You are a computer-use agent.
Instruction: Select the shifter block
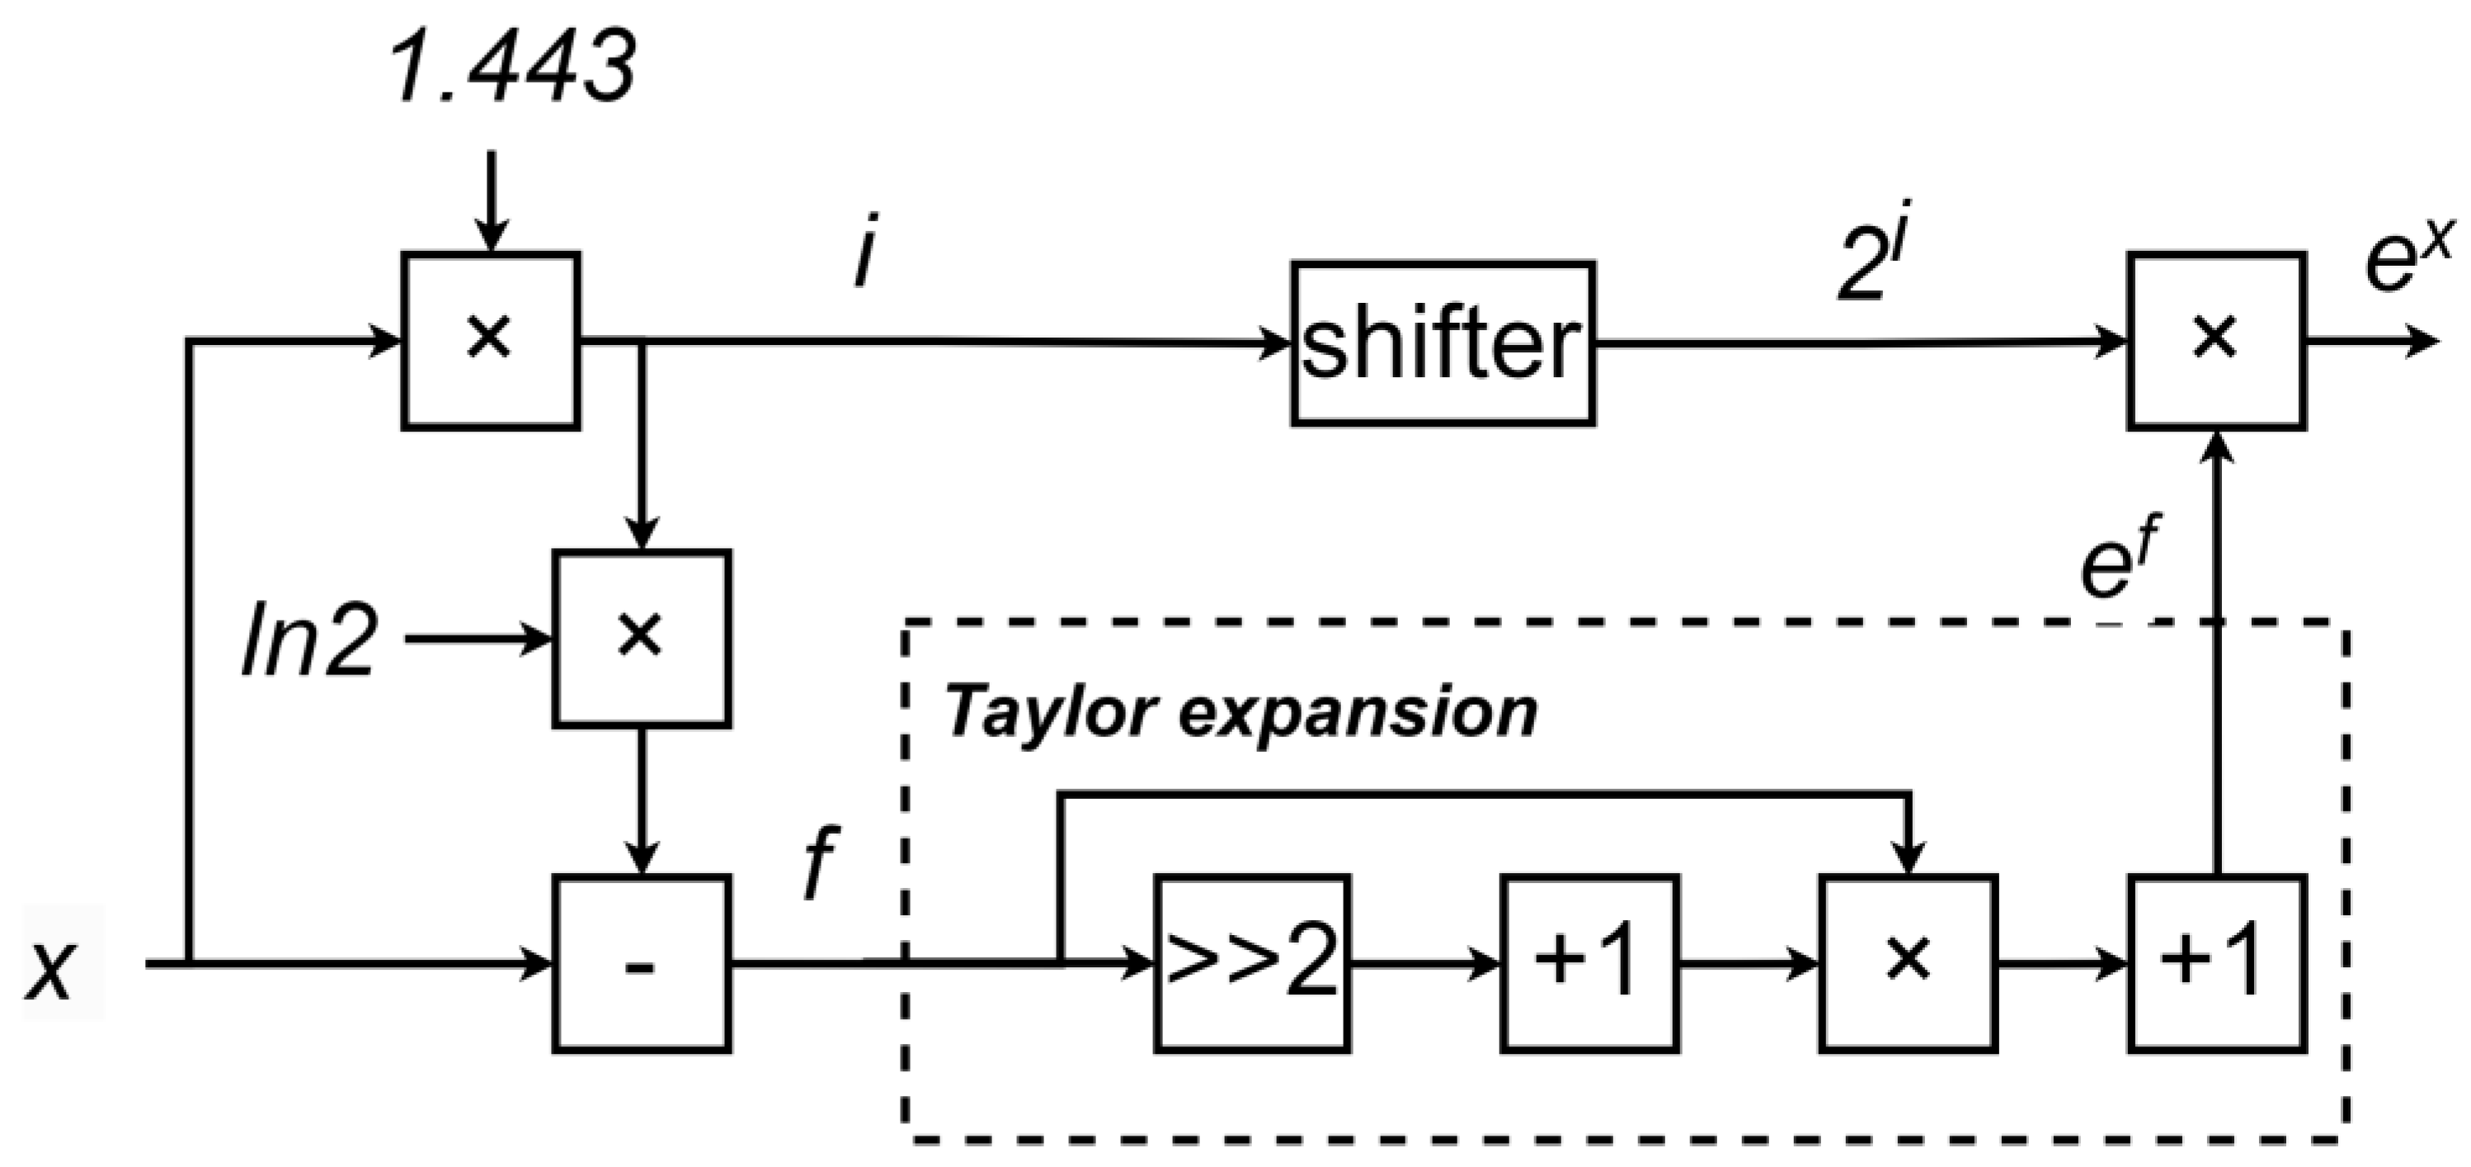click(x=1442, y=343)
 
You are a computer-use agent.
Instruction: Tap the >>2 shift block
click(x=1252, y=962)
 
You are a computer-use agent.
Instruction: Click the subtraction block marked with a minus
click(x=641, y=962)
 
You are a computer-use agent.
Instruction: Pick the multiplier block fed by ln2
click(x=641, y=637)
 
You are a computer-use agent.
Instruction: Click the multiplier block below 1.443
click(x=490, y=341)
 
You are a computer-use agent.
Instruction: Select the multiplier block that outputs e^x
click(x=2216, y=341)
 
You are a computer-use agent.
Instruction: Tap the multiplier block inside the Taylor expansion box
click(x=1908, y=962)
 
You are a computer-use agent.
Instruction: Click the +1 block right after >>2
click(x=1589, y=962)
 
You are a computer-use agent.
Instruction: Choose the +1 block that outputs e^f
click(x=2217, y=962)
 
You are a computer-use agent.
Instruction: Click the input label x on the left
click(x=49, y=969)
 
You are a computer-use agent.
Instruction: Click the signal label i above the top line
click(x=864, y=257)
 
